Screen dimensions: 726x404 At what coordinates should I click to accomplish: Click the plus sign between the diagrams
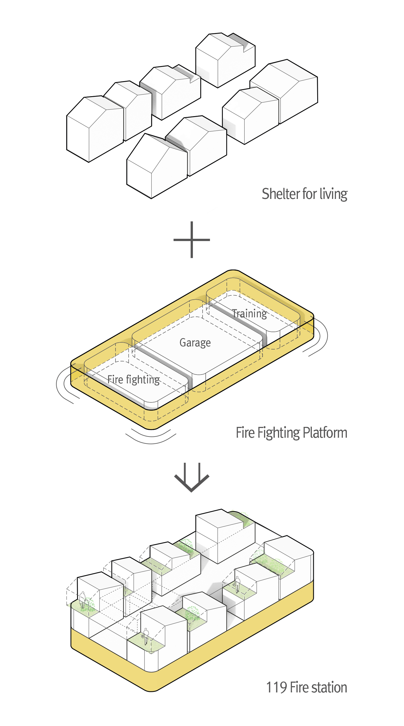tap(192, 240)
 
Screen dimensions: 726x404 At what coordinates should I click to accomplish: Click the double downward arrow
tap(192, 477)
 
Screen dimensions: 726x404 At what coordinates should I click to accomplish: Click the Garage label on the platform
tap(195, 343)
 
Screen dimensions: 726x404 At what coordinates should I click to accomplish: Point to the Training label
tap(250, 314)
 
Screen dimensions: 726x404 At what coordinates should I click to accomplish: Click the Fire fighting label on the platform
tap(133, 380)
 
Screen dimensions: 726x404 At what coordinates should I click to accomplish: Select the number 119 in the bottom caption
tap(276, 688)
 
